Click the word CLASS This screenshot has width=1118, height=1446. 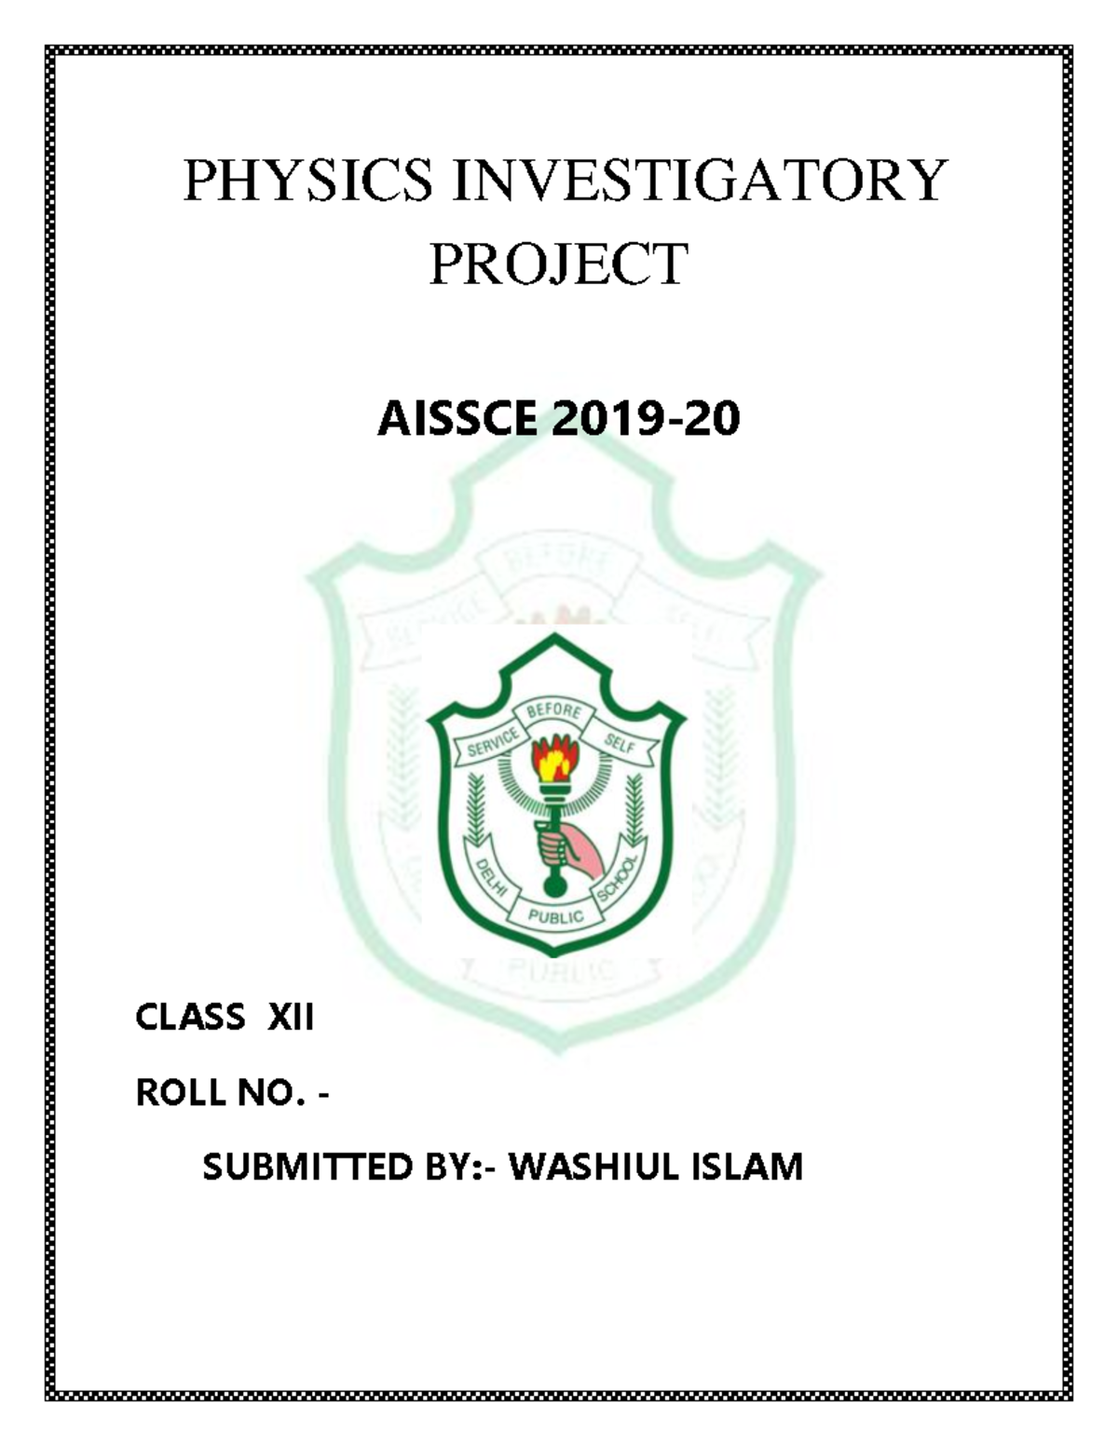tap(190, 1017)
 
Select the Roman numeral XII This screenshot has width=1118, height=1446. tap(291, 1017)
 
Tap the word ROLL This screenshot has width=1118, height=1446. tap(183, 1092)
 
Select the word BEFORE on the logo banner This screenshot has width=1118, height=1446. tap(554, 714)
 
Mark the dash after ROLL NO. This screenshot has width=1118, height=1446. tap(323, 1094)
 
